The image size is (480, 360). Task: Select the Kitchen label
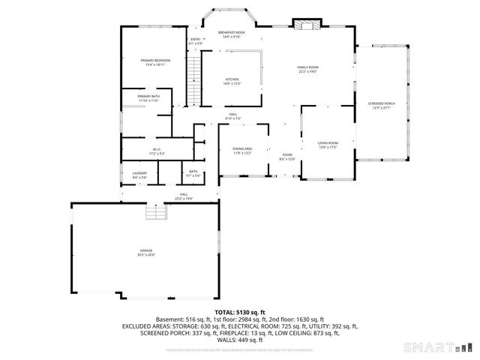232,81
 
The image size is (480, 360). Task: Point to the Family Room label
307,70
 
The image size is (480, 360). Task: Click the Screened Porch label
380,105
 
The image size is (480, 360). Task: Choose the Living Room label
328,144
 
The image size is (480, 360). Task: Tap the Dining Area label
242,151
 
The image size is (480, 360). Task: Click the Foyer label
287,156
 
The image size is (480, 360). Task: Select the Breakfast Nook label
231,34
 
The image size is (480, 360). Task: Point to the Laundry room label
139,174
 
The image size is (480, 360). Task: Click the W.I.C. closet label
156,151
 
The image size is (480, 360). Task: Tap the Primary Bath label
148,98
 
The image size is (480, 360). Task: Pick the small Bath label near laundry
193,174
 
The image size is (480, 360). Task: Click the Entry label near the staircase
195,40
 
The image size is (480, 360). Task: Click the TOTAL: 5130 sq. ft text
239,312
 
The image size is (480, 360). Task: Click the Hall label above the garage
184,197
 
